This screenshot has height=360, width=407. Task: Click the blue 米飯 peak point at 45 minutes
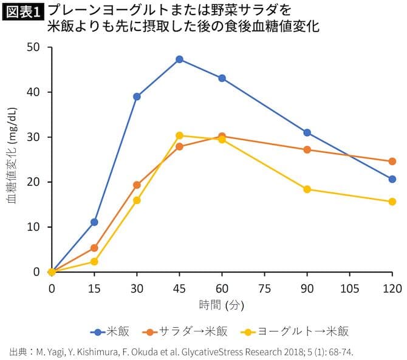(x=179, y=59)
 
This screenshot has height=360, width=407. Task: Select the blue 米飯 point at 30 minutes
(x=137, y=97)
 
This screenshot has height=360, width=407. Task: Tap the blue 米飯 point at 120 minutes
(x=392, y=179)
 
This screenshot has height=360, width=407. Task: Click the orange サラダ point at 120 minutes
(x=392, y=161)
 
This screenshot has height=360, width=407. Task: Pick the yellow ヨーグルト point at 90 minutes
(x=307, y=189)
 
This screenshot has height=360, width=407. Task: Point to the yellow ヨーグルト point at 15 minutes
(x=94, y=262)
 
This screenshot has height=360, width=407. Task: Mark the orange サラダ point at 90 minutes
(x=307, y=149)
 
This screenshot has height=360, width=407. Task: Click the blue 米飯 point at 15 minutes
(x=94, y=222)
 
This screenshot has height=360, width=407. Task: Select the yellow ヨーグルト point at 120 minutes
(x=392, y=202)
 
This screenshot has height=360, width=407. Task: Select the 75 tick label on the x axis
(x=264, y=287)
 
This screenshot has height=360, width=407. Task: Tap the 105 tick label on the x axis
(x=349, y=287)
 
